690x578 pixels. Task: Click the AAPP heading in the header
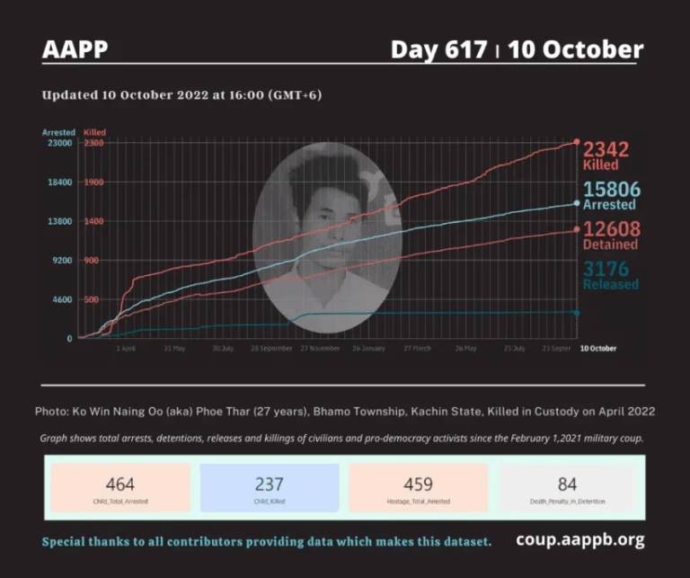[75, 49]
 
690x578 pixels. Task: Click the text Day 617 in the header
[439, 49]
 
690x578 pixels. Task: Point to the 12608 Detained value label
[610, 235]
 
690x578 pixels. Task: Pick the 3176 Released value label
[610, 274]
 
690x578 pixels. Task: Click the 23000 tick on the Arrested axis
[58, 143]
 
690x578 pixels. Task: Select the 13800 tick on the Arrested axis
[58, 221]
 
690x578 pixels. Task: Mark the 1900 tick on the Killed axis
[93, 182]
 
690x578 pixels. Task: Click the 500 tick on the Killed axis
[93, 299]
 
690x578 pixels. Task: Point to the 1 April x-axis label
[126, 348]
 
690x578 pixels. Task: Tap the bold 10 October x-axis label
[597, 348]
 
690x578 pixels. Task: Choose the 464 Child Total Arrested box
[120, 488]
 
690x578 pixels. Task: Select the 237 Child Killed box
[270, 488]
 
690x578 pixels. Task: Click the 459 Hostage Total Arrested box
[418, 488]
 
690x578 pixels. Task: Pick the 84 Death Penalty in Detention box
[567, 488]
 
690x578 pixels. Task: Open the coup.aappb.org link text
[579, 540]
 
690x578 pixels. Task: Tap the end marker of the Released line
[576, 313]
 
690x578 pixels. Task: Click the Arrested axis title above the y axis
[58, 132]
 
